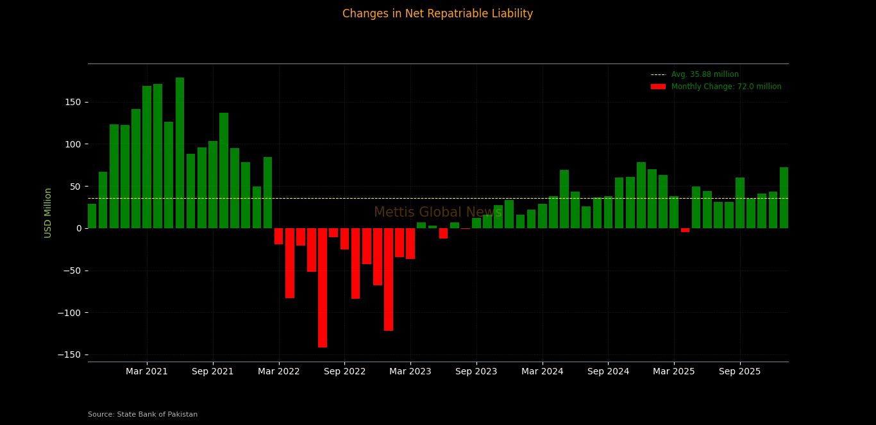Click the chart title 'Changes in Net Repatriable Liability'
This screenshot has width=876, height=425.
[x=437, y=13]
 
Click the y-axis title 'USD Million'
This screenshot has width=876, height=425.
[x=48, y=213]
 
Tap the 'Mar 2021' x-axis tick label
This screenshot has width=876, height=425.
[x=147, y=372]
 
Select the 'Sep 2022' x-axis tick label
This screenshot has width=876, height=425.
[x=344, y=372]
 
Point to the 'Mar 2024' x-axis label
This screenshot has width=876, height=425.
[x=542, y=372]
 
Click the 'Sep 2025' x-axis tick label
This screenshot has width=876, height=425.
[x=739, y=372]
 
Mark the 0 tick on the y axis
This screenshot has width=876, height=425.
[x=78, y=228]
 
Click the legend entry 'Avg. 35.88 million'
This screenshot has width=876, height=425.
[x=705, y=74]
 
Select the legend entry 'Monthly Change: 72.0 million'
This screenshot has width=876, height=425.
[x=726, y=87]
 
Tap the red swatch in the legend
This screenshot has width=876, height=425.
[x=658, y=87]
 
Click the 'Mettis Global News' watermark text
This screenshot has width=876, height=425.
[x=437, y=212]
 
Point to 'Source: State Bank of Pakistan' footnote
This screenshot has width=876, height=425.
[x=142, y=415]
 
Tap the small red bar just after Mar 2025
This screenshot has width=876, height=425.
[x=685, y=230]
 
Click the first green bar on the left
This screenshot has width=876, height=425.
[x=92, y=216]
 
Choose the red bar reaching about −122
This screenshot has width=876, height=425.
[x=389, y=279]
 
